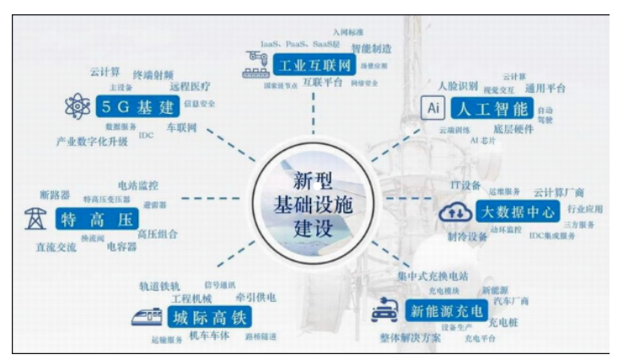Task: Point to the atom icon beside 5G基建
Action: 73,109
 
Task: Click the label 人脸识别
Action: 458,86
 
